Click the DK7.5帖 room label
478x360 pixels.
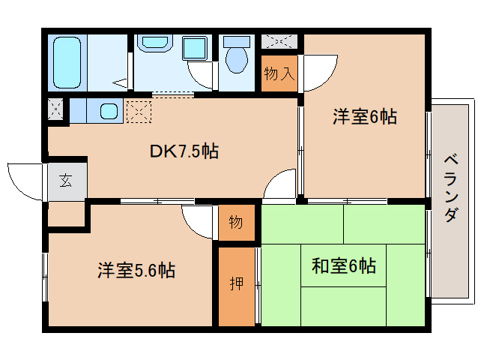point(184,151)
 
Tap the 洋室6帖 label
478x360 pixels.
point(364,116)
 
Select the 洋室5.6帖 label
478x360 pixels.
point(136,270)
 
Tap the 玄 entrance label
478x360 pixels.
point(66,181)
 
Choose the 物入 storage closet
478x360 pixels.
point(280,73)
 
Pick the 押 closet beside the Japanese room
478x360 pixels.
point(236,285)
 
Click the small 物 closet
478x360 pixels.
point(235,223)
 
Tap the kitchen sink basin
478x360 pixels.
point(109,112)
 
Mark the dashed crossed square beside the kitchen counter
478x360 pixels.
point(139,112)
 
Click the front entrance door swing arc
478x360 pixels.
point(24,180)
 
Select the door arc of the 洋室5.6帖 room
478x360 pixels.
point(196,221)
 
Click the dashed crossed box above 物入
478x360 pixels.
point(279,41)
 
